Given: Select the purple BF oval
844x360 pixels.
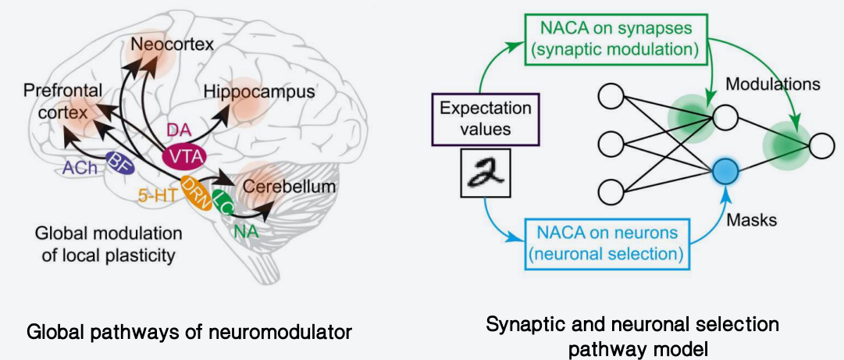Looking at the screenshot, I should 118,164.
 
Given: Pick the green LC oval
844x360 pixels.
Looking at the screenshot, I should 223,201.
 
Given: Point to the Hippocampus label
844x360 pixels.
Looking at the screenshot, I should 259,91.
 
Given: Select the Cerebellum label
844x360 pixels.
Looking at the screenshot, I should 290,187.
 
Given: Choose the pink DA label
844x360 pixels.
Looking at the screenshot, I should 176,128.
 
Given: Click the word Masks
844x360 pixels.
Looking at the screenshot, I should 753,220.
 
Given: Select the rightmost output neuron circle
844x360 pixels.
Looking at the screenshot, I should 821,145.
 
